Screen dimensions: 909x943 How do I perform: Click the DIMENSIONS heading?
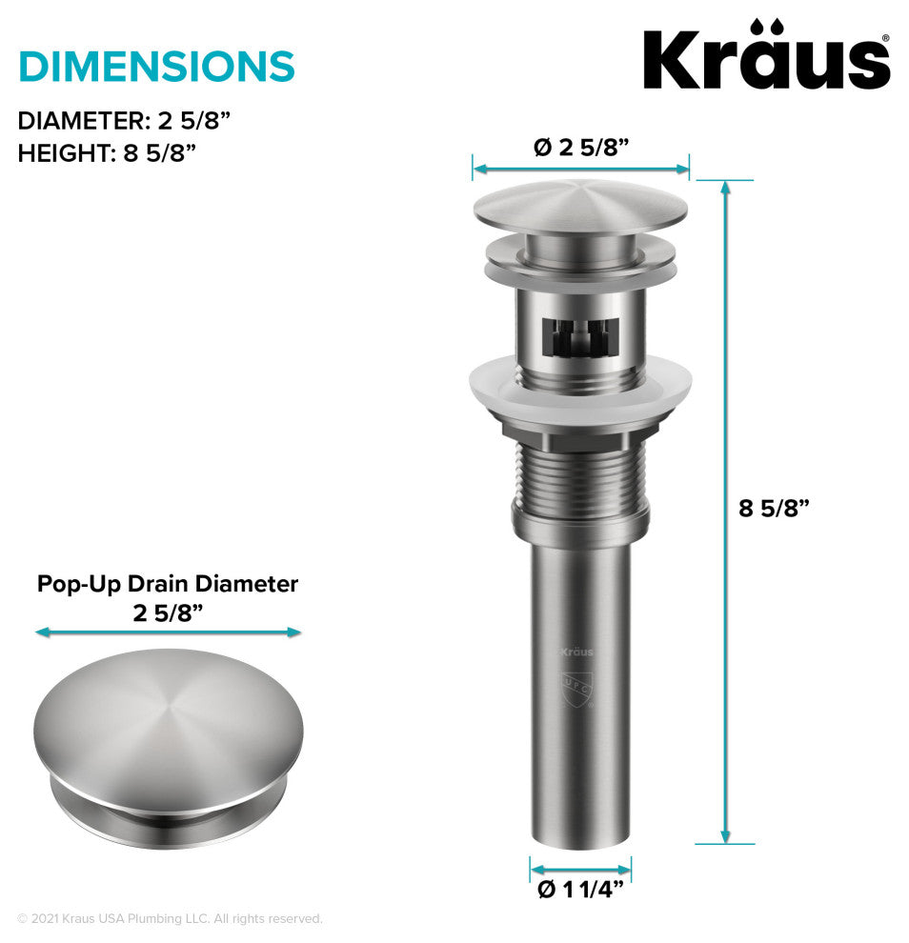pyautogui.click(x=156, y=66)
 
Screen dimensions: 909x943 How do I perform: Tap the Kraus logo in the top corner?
pyautogui.click(x=767, y=55)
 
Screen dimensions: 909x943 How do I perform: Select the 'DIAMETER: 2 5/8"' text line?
pyautogui.click(x=124, y=121)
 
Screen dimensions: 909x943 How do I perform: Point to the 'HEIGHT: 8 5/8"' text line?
pyautogui.click(x=107, y=153)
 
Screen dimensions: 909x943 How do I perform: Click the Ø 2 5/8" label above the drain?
pyautogui.click(x=581, y=148)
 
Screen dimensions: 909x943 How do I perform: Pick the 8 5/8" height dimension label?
pyautogui.click(x=774, y=509)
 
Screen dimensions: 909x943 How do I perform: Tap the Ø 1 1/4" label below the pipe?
pyautogui.click(x=580, y=890)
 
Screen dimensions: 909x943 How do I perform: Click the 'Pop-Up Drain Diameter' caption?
pyautogui.click(x=168, y=584)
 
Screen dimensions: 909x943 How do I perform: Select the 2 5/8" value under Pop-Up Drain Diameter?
pyautogui.click(x=168, y=613)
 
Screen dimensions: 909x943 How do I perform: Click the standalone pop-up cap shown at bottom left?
pyautogui.click(x=169, y=740)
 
